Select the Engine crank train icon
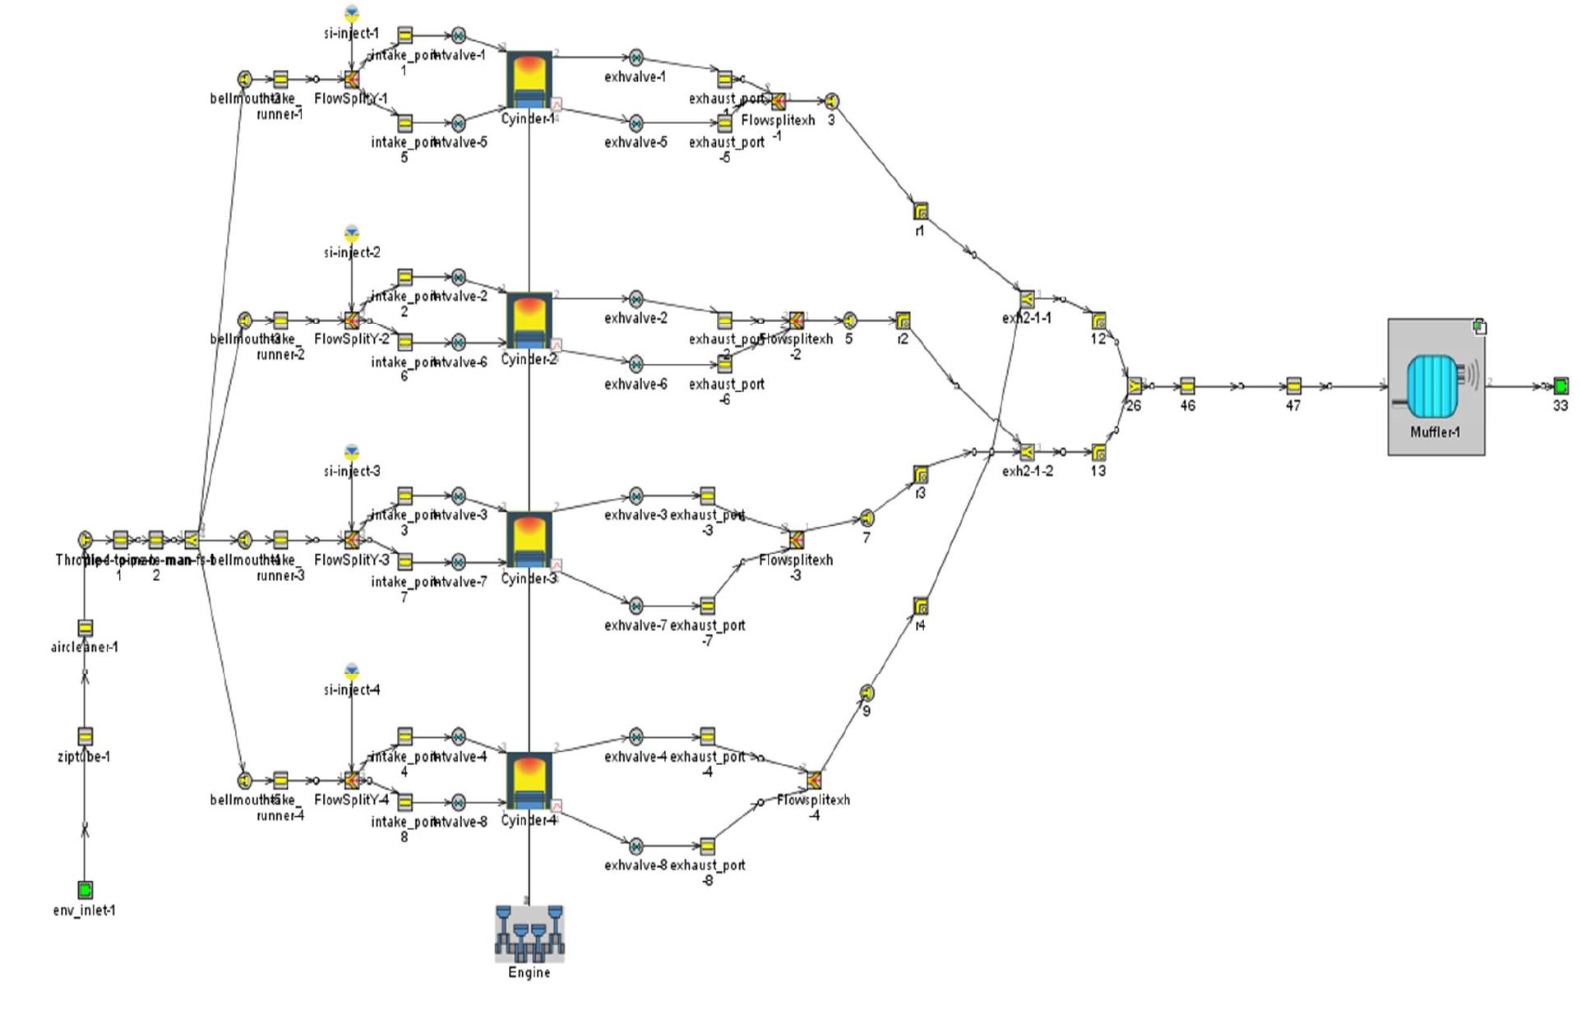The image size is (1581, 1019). (x=529, y=934)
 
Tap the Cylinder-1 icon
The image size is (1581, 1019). (x=529, y=80)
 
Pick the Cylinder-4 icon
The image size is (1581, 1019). (x=529, y=782)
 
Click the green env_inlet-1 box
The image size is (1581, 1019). (x=85, y=889)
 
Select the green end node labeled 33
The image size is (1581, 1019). (x=1560, y=385)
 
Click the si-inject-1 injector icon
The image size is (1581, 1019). (x=352, y=14)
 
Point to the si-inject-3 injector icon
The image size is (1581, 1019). (x=352, y=452)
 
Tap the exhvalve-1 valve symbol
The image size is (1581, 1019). (x=636, y=58)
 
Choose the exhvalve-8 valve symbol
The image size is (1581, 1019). (x=636, y=846)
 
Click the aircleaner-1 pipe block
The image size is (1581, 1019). (x=85, y=628)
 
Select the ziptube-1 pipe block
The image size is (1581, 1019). (x=85, y=735)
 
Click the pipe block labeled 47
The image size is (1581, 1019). (x=1293, y=385)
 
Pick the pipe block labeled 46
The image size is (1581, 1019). (x=1187, y=385)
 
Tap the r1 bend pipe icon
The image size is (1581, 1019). (x=921, y=211)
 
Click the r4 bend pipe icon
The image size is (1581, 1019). (x=921, y=606)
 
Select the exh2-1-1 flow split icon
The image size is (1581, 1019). (x=1027, y=298)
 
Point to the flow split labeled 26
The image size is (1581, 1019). (x=1134, y=385)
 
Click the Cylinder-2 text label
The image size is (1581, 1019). (x=529, y=359)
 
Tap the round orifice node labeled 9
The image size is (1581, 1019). (x=867, y=693)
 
